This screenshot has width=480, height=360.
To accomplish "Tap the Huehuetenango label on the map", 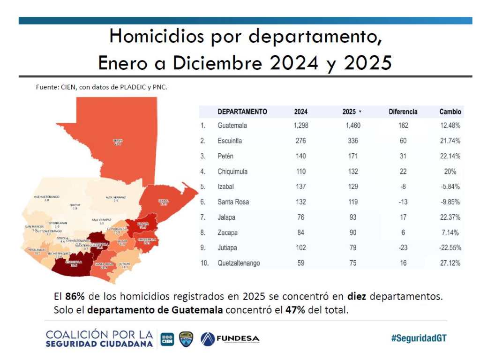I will pos(46,198).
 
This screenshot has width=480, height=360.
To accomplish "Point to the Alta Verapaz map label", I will pos(115,199).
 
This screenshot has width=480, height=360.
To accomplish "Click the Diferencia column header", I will pos(403,112).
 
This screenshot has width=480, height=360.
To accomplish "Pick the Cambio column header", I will pos(450,112).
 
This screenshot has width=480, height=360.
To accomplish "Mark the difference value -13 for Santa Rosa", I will pos(403,202).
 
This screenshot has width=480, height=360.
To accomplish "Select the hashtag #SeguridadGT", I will pos(419,338).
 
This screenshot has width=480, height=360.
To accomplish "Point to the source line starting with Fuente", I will pos(102,87).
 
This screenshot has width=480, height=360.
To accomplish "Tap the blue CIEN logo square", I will pos(167,339).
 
